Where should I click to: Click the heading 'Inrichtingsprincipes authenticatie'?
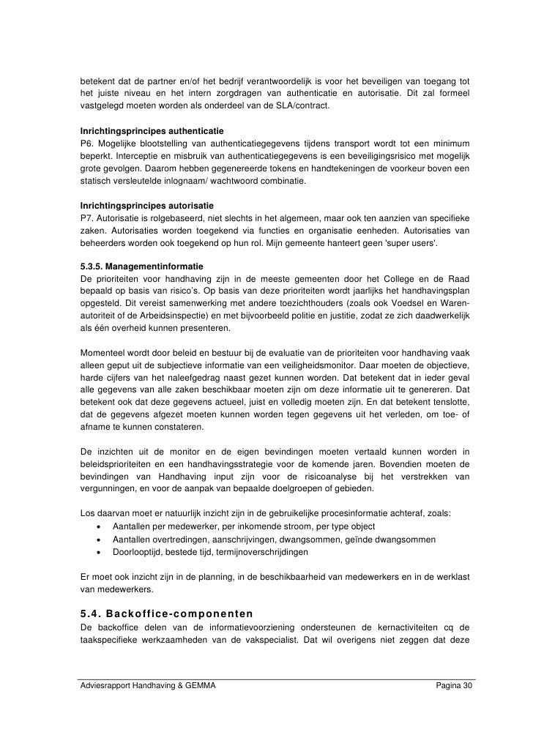tap(146, 130)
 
